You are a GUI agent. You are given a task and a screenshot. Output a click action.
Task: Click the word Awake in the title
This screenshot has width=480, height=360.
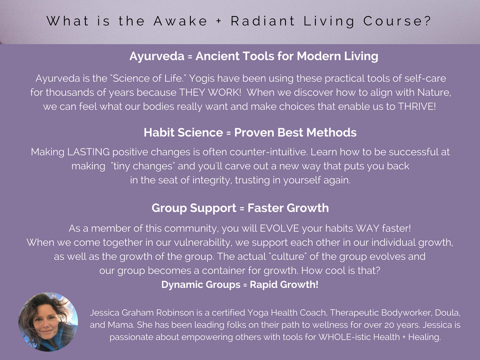[x=180, y=21]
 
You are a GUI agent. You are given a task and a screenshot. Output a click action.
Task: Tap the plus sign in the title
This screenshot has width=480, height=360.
[x=218, y=22]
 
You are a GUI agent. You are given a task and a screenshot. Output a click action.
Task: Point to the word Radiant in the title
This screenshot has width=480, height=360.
[x=262, y=21]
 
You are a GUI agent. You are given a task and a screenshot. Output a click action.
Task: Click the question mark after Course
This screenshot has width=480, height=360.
[x=427, y=21]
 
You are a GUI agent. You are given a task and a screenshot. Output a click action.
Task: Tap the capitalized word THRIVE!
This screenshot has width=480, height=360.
[x=417, y=106]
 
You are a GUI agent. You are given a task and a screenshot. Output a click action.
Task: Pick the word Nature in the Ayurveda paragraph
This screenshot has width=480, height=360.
[x=434, y=92]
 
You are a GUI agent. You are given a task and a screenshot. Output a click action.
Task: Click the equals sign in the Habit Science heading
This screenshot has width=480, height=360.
[x=228, y=133]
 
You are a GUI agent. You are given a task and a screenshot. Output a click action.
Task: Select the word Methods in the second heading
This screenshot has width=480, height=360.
[x=331, y=133]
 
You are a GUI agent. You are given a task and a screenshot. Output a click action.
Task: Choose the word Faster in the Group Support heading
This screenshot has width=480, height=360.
[x=265, y=208]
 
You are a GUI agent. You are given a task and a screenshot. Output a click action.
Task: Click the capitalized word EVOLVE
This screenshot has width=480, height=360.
[x=279, y=228]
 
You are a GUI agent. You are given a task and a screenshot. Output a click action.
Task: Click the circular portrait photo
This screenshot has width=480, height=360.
[x=48, y=322]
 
